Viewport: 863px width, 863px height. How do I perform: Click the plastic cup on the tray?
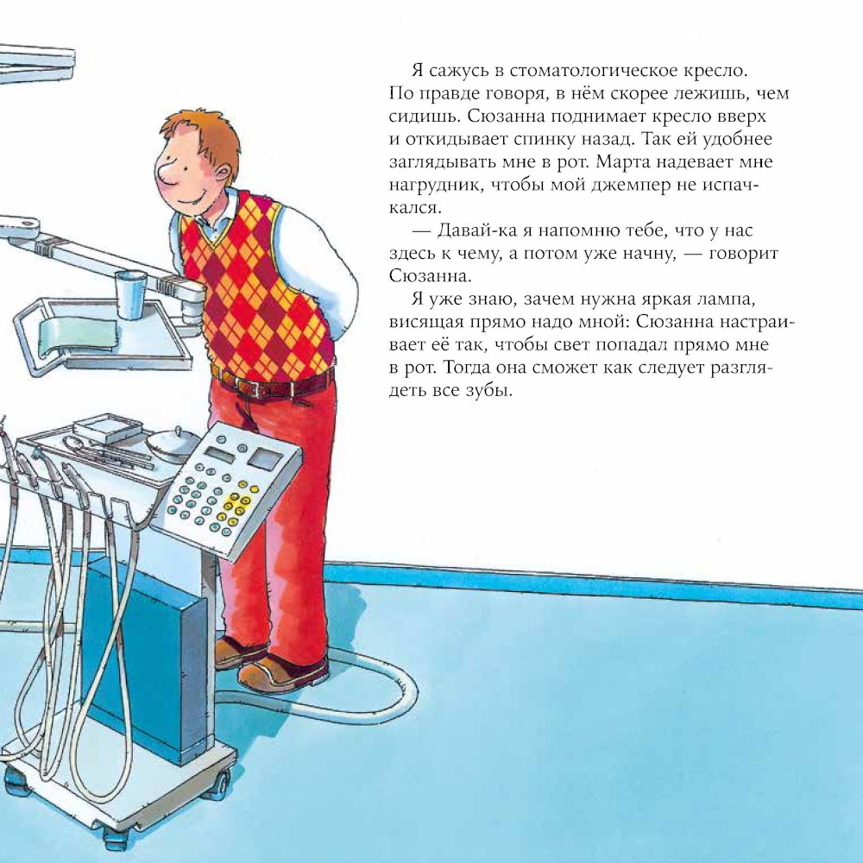[130, 294]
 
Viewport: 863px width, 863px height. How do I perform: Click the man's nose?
[163, 173]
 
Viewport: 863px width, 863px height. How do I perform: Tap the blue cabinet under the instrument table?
[144, 661]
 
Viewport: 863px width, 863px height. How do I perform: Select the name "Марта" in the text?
[626, 162]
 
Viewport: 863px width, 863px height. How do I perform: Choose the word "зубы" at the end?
[492, 391]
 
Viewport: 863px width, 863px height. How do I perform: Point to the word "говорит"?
[744, 255]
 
